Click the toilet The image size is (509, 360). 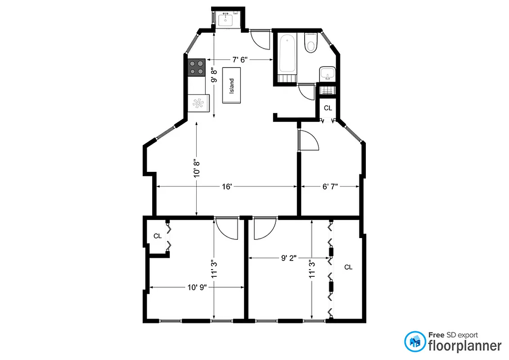tap(311, 42)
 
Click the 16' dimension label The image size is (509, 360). tap(226, 186)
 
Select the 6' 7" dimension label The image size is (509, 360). tap(329, 186)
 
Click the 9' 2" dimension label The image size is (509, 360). tap(290, 258)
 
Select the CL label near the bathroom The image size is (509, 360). tap(328, 108)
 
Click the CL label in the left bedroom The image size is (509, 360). tap(158, 236)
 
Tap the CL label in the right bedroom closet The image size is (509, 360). tap(348, 267)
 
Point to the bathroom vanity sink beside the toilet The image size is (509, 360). tap(327, 73)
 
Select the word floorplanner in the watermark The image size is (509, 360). tap(464, 346)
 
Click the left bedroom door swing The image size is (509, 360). tap(226, 227)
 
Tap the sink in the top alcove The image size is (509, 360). tap(225, 19)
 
